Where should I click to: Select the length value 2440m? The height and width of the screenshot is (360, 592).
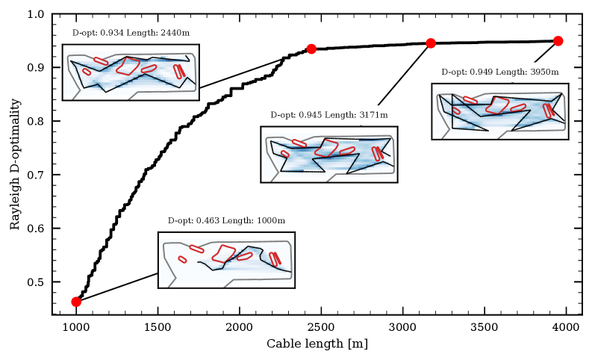tap(175, 33)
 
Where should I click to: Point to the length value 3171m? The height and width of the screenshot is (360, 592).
tap(373, 115)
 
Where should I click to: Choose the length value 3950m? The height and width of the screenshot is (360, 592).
tap(544, 72)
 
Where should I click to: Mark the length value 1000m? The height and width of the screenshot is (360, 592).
tap(271, 220)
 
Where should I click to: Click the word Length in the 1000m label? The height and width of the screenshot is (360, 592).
tap(237, 220)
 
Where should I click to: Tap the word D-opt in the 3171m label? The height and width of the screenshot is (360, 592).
tap(283, 115)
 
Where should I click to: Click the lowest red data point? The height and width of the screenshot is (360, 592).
tap(75, 302)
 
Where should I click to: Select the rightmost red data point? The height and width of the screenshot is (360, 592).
tap(558, 40)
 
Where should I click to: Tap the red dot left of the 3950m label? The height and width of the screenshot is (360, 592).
tap(431, 43)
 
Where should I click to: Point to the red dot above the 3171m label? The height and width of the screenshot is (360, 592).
tap(311, 49)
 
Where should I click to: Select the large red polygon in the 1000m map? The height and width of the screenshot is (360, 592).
tap(224, 254)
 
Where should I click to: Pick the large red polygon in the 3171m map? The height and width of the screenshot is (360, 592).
tap(326, 148)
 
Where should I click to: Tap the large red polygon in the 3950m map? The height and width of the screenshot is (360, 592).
tap(497, 105)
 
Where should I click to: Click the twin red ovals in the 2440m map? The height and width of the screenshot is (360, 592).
tap(179, 71)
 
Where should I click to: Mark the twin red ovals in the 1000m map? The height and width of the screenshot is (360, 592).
tap(275, 258)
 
